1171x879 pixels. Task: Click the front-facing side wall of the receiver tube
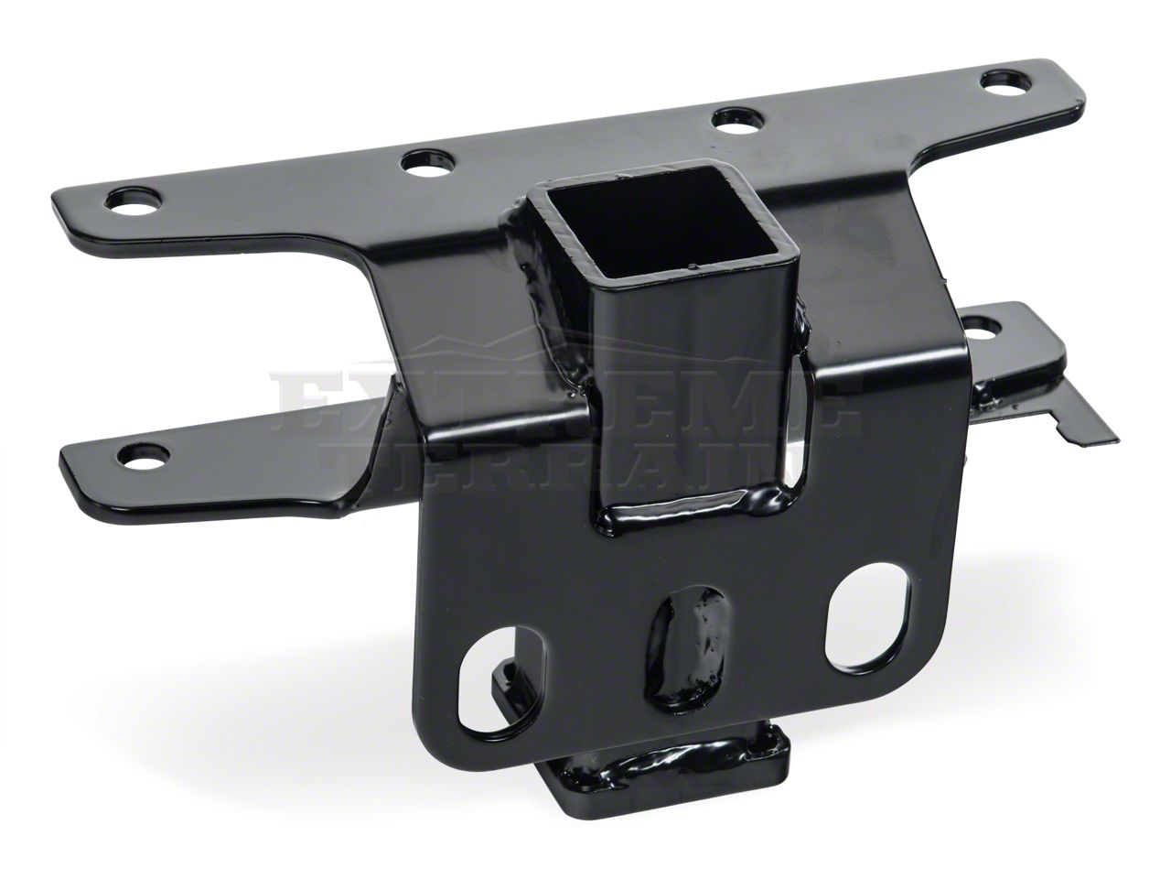click(x=677, y=394)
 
